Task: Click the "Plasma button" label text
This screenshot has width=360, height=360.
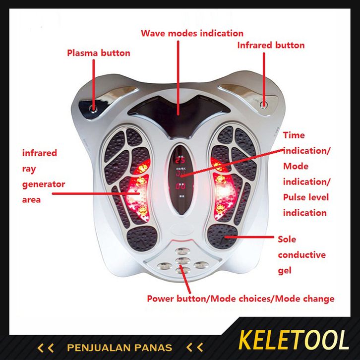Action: (x=99, y=53)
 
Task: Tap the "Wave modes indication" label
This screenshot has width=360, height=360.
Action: (x=192, y=34)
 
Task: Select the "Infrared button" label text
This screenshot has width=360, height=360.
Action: (x=271, y=46)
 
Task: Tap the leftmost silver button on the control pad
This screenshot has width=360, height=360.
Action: (x=164, y=266)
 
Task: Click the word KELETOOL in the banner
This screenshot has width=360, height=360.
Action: (x=294, y=341)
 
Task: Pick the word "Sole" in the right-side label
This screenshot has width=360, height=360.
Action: (x=287, y=240)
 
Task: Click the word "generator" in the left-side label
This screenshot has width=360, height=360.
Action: (x=44, y=184)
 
